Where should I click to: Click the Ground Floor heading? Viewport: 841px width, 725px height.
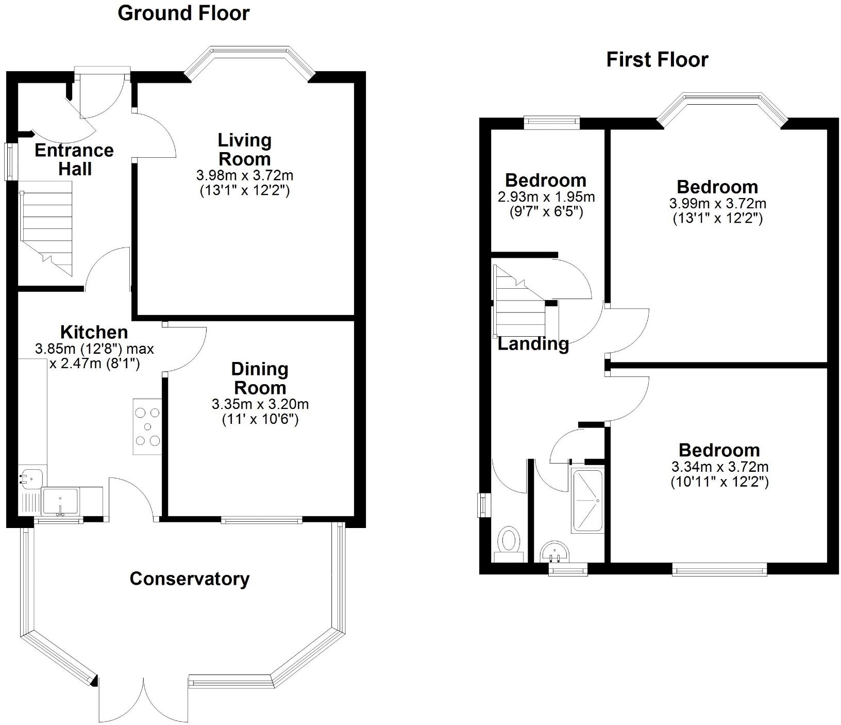pyautogui.click(x=183, y=13)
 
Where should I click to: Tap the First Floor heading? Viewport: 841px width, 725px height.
pyautogui.click(x=657, y=60)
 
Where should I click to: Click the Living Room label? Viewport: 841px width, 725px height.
pyautogui.click(x=244, y=150)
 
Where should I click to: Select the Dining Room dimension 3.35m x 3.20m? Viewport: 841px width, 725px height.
pyautogui.click(x=260, y=404)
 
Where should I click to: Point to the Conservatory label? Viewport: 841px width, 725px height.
pyautogui.click(x=190, y=579)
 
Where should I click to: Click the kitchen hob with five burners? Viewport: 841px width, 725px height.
pyautogui.click(x=148, y=426)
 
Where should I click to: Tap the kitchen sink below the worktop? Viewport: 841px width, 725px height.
pyautogui.click(x=61, y=501)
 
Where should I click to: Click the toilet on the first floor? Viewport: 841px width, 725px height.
pyautogui.click(x=509, y=541)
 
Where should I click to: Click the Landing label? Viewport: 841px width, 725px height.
pyautogui.click(x=533, y=343)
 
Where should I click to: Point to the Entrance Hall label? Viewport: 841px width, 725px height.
pyautogui.click(x=74, y=159)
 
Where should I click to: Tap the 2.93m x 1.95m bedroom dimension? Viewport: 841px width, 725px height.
pyautogui.click(x=546, y=197)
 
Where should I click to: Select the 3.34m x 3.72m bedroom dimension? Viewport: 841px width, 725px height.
pyautogui.click(x=719, y=467)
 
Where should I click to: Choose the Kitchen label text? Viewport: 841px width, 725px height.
pyautogui.click(x=94, y=332)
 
